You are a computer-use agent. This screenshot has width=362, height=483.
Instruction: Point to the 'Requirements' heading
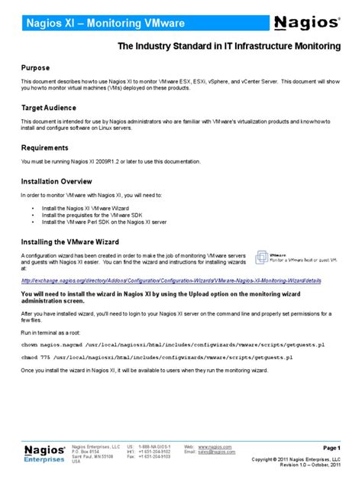[44, 147]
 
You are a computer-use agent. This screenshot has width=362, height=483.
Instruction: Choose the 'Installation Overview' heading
[57, 181]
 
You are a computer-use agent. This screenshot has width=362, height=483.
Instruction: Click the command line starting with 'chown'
[157, 345]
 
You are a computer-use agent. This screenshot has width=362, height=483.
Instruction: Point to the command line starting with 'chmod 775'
[157, 358]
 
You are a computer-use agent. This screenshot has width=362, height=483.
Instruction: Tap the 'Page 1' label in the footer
[331, 447]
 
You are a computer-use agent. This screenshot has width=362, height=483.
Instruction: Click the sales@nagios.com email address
[217, 452]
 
